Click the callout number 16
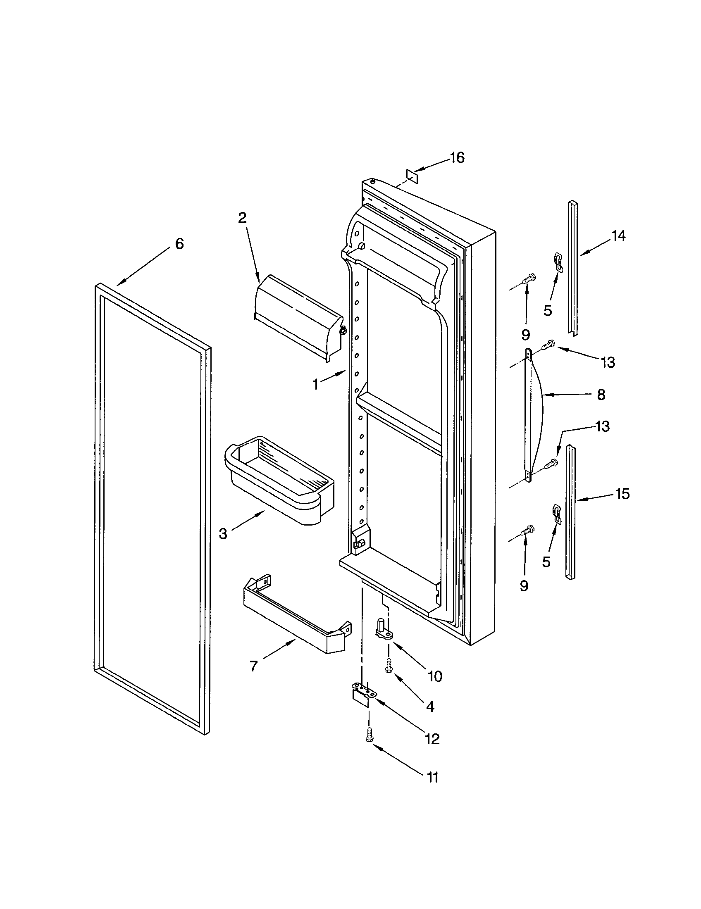tap(457, 158)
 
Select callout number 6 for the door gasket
tap(179, 243)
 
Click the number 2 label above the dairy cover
tap(242, 217)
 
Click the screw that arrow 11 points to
tap(368, 735)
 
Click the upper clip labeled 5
tap(559, 262)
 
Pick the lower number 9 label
tap(524, 585)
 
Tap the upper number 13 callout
tap(608, 362)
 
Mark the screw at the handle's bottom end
tap(553, 462)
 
